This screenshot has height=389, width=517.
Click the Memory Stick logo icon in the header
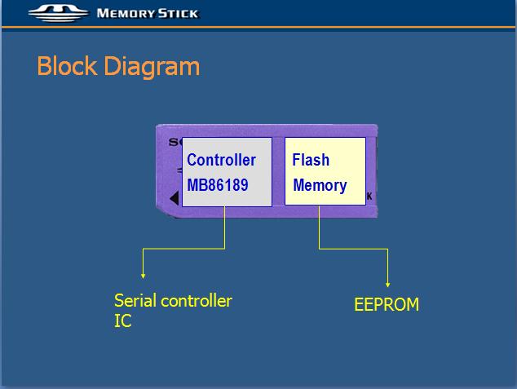coord(59,13)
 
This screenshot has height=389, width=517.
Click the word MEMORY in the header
coord(126,14)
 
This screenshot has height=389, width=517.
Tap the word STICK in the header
coord(178,14)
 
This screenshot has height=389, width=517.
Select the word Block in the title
coord(67,66)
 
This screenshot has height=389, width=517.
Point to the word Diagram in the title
coord(152,67)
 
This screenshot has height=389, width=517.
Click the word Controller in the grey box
coord(221,160)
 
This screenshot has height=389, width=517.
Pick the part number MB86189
coord(218,185)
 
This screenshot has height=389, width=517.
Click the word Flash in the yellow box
coord(311,160)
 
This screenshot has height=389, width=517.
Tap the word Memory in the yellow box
coord(320,186)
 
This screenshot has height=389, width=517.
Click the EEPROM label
coord(387,304)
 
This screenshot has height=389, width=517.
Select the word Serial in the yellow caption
coord(135,301)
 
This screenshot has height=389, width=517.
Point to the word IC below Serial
coord(122,320)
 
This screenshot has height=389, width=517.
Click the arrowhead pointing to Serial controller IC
coord(143,276)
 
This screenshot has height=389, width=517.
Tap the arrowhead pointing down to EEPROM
coord(388,285)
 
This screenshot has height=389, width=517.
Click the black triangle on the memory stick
coord(175,198)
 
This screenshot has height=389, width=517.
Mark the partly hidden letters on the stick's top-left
coord(175,142)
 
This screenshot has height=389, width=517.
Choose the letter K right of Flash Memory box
coord(369,197)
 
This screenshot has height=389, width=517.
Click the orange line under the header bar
coord(258,27)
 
